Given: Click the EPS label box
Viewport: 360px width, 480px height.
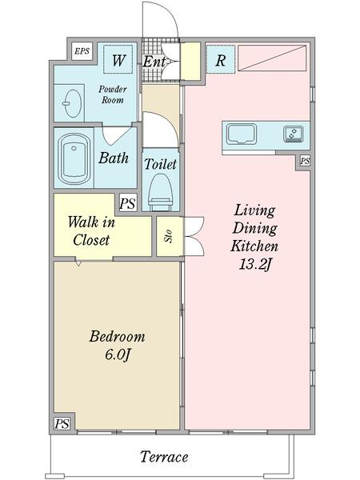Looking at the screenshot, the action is pos(82,51).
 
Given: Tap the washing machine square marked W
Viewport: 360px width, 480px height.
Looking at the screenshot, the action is pos(118,59).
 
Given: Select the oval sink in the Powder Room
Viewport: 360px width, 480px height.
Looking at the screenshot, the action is pos(73,103).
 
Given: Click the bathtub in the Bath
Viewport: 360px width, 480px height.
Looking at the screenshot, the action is pos(74,159).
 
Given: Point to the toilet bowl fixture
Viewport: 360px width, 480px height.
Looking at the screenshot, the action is pos(161,192).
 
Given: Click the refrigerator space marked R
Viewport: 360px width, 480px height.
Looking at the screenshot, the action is pos(221,59).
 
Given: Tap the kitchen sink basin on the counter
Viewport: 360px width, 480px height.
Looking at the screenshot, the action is pos(242,134).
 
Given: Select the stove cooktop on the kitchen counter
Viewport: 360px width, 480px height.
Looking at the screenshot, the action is pos(294,134).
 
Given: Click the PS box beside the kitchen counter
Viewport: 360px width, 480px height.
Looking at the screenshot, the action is pos(305,161).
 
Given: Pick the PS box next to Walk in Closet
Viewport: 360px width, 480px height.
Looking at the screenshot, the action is pos(128,203).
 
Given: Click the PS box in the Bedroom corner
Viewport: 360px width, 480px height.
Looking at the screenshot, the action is pos(62,424).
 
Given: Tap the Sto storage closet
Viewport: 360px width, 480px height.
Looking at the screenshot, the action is pos(170,236).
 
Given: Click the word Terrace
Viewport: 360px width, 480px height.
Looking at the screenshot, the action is pos(164,457).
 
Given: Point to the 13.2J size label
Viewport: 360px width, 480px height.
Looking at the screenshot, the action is pos(255,265).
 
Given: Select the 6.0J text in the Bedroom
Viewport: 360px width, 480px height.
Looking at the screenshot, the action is pos(118,355).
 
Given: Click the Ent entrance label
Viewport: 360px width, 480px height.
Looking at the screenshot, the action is pos(154,62).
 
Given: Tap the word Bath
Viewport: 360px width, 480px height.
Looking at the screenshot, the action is pos(114,158).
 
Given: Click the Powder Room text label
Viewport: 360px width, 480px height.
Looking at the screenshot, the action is pos(113,94).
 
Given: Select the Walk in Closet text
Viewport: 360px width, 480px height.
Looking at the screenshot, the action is pos(91,231).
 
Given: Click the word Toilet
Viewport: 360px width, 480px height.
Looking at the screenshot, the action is pos(161,164).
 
